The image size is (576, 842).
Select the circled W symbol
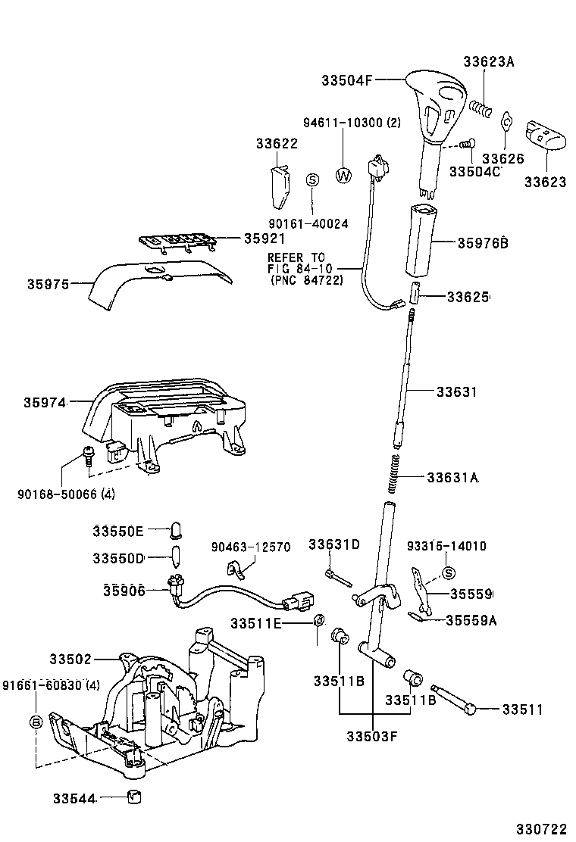[x=343, y=176]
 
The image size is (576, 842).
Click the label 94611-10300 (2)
[x=352, y=122]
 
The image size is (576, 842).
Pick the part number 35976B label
[x=482, y=243]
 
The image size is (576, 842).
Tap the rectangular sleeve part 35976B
[x=421, y=241]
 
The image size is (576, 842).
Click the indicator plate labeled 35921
[x=177, y=241]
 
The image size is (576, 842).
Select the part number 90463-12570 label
[x=250, y=547]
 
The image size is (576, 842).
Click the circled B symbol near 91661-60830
[x=35, y=722]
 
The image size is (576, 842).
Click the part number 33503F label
[x=371, y=734]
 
